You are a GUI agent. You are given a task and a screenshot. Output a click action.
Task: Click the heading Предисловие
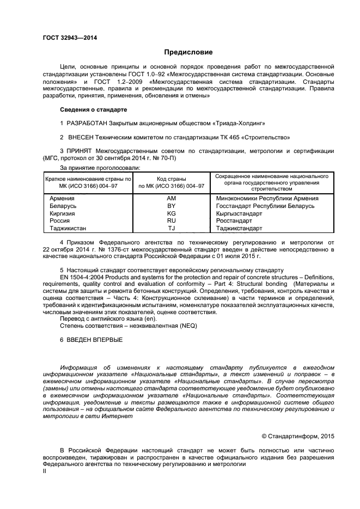(188, 52)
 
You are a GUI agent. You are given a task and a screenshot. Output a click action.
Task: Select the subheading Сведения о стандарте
(93, 109)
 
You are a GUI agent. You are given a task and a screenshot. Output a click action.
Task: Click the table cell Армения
(62, 199)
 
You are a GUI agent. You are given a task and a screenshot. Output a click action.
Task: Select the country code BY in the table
(171, 206)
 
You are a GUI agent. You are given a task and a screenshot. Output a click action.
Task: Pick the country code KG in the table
(171, 214)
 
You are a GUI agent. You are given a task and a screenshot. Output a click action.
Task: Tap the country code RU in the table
(171, 222)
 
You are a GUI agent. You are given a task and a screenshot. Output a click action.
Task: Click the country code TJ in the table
(171, 229)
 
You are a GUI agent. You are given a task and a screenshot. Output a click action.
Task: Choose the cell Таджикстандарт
(239, 229)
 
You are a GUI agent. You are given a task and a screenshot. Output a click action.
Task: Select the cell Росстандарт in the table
(234, 222)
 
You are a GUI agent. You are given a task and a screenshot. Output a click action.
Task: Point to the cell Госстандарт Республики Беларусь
(265, 206)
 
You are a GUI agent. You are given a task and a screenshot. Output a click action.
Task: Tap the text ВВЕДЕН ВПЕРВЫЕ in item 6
(95, 340)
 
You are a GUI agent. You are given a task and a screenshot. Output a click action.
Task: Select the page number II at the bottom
(45, 472)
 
